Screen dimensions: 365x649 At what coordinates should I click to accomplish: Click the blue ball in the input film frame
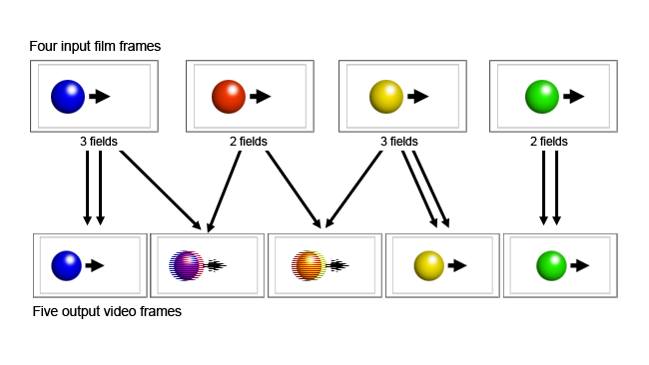(x=68, y=96)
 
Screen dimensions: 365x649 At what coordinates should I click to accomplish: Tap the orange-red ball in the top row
(x=228, y=96)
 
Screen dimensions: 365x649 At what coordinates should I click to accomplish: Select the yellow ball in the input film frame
(x=385, y=96)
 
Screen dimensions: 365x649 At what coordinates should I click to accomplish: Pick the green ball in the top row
(x=542, y=96)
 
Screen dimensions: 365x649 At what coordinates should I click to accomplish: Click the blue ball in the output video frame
(x=66, y=265)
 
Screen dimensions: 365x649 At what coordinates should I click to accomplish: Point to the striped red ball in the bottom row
(x=187, y=265)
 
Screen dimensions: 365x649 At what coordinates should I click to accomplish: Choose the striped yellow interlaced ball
(x=309, y=265)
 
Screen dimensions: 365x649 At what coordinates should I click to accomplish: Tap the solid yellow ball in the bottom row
(x=429, y=265)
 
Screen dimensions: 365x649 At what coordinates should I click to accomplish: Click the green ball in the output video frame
(x=551, y=265)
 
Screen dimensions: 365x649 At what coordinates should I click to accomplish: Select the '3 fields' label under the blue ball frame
(x=99, y=141)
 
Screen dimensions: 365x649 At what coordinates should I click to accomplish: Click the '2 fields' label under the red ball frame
(x=250, y=141)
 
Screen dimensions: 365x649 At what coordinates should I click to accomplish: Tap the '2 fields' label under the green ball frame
(x=550, y=141)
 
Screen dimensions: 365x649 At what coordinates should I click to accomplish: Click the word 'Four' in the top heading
(x=46, y=46)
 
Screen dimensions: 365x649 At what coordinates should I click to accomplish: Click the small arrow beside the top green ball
(x=574, y=96)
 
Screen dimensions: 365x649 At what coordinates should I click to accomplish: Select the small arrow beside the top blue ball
(x=100, y=96)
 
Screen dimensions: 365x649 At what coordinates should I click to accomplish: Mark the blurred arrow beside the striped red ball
(x=216, y=265)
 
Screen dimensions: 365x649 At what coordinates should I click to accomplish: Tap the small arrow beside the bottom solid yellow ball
(x=457, y=265)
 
